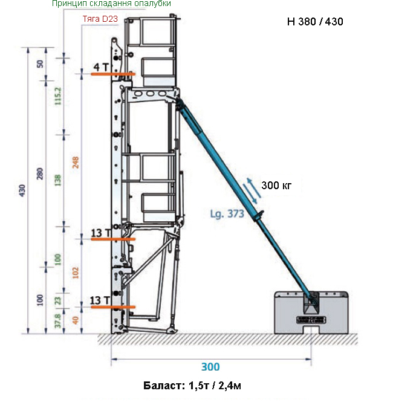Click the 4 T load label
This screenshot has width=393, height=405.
[x=101, y=67]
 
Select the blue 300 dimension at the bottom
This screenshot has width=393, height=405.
[x=210, y=367]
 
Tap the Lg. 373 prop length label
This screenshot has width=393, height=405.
[x=227, y=214]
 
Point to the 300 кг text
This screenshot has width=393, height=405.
[x=276, y=186]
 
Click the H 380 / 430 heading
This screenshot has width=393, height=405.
[x=315, y=21]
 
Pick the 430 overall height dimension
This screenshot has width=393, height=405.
[x=22, y=190]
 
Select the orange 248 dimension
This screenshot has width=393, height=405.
[x=75, y=162]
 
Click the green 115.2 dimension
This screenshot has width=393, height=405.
[x=58, y=96]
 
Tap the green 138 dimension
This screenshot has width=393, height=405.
[x=58, y=180]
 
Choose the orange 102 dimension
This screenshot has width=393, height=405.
[x=75, y=273]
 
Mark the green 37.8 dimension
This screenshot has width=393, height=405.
[x=58, y=321]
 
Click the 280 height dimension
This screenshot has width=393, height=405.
[x=40, y=174]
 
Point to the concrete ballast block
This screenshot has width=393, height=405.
[x=311, y=313]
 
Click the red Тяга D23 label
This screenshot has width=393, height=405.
[x=100, y=19]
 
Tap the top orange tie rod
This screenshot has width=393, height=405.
[x=113, y=74]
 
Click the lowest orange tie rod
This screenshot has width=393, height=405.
[x=113, y=307]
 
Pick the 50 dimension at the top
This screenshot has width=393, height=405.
[x=40, y=64]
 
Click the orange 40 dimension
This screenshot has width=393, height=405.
[x=75, y=320]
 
